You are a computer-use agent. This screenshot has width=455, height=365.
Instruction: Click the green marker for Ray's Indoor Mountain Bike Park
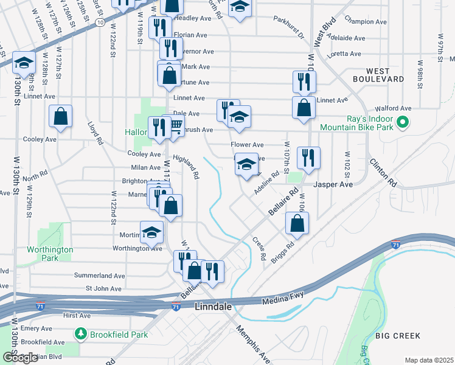tap(402, 123)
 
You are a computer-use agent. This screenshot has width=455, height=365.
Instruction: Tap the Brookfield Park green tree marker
tap(80, 334)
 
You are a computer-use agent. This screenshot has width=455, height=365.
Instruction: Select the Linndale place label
tap(213, 308)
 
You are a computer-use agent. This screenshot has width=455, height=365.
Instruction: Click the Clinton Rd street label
tap(383, 173)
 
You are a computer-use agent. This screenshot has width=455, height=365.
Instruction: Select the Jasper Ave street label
tap(333, 184)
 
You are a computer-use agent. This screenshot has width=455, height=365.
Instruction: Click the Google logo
tap(19, 358)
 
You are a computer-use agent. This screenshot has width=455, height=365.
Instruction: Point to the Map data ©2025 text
tap(429, 360)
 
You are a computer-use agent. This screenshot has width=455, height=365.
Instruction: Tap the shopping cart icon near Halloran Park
tap(175, 126)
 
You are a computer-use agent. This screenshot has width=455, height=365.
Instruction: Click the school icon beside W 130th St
tap(24, 62)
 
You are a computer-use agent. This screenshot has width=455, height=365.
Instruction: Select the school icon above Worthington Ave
tap(151, 232)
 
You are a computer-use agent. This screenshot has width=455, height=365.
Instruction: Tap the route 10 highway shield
tap(99, 21)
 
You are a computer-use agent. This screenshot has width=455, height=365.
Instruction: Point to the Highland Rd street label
tap(186, 166)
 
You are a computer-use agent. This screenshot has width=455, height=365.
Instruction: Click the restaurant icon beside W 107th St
tap(308, 158)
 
